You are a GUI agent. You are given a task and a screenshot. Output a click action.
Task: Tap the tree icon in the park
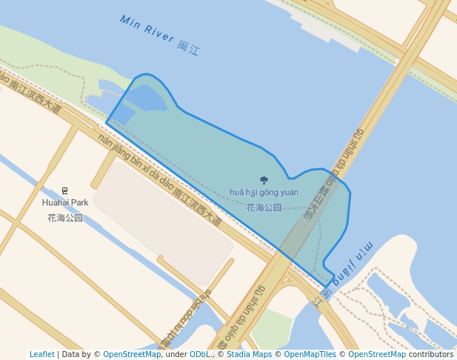click(x=264, y=179)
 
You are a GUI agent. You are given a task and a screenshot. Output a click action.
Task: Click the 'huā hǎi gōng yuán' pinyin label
click(x=264, y=193)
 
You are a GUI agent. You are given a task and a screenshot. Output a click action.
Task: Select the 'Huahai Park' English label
click(x=65, y=202)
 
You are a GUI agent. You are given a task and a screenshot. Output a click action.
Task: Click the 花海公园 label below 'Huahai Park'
click(x=65, y=218)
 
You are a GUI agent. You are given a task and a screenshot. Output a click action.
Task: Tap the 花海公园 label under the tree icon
click(x=264, y=207)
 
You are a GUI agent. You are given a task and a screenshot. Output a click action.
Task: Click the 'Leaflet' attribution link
click(x=41, y=354)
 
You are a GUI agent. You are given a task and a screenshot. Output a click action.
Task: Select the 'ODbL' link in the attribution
click(x=199, y=354)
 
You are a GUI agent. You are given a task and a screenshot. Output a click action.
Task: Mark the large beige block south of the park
click(x=163, y=222)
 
